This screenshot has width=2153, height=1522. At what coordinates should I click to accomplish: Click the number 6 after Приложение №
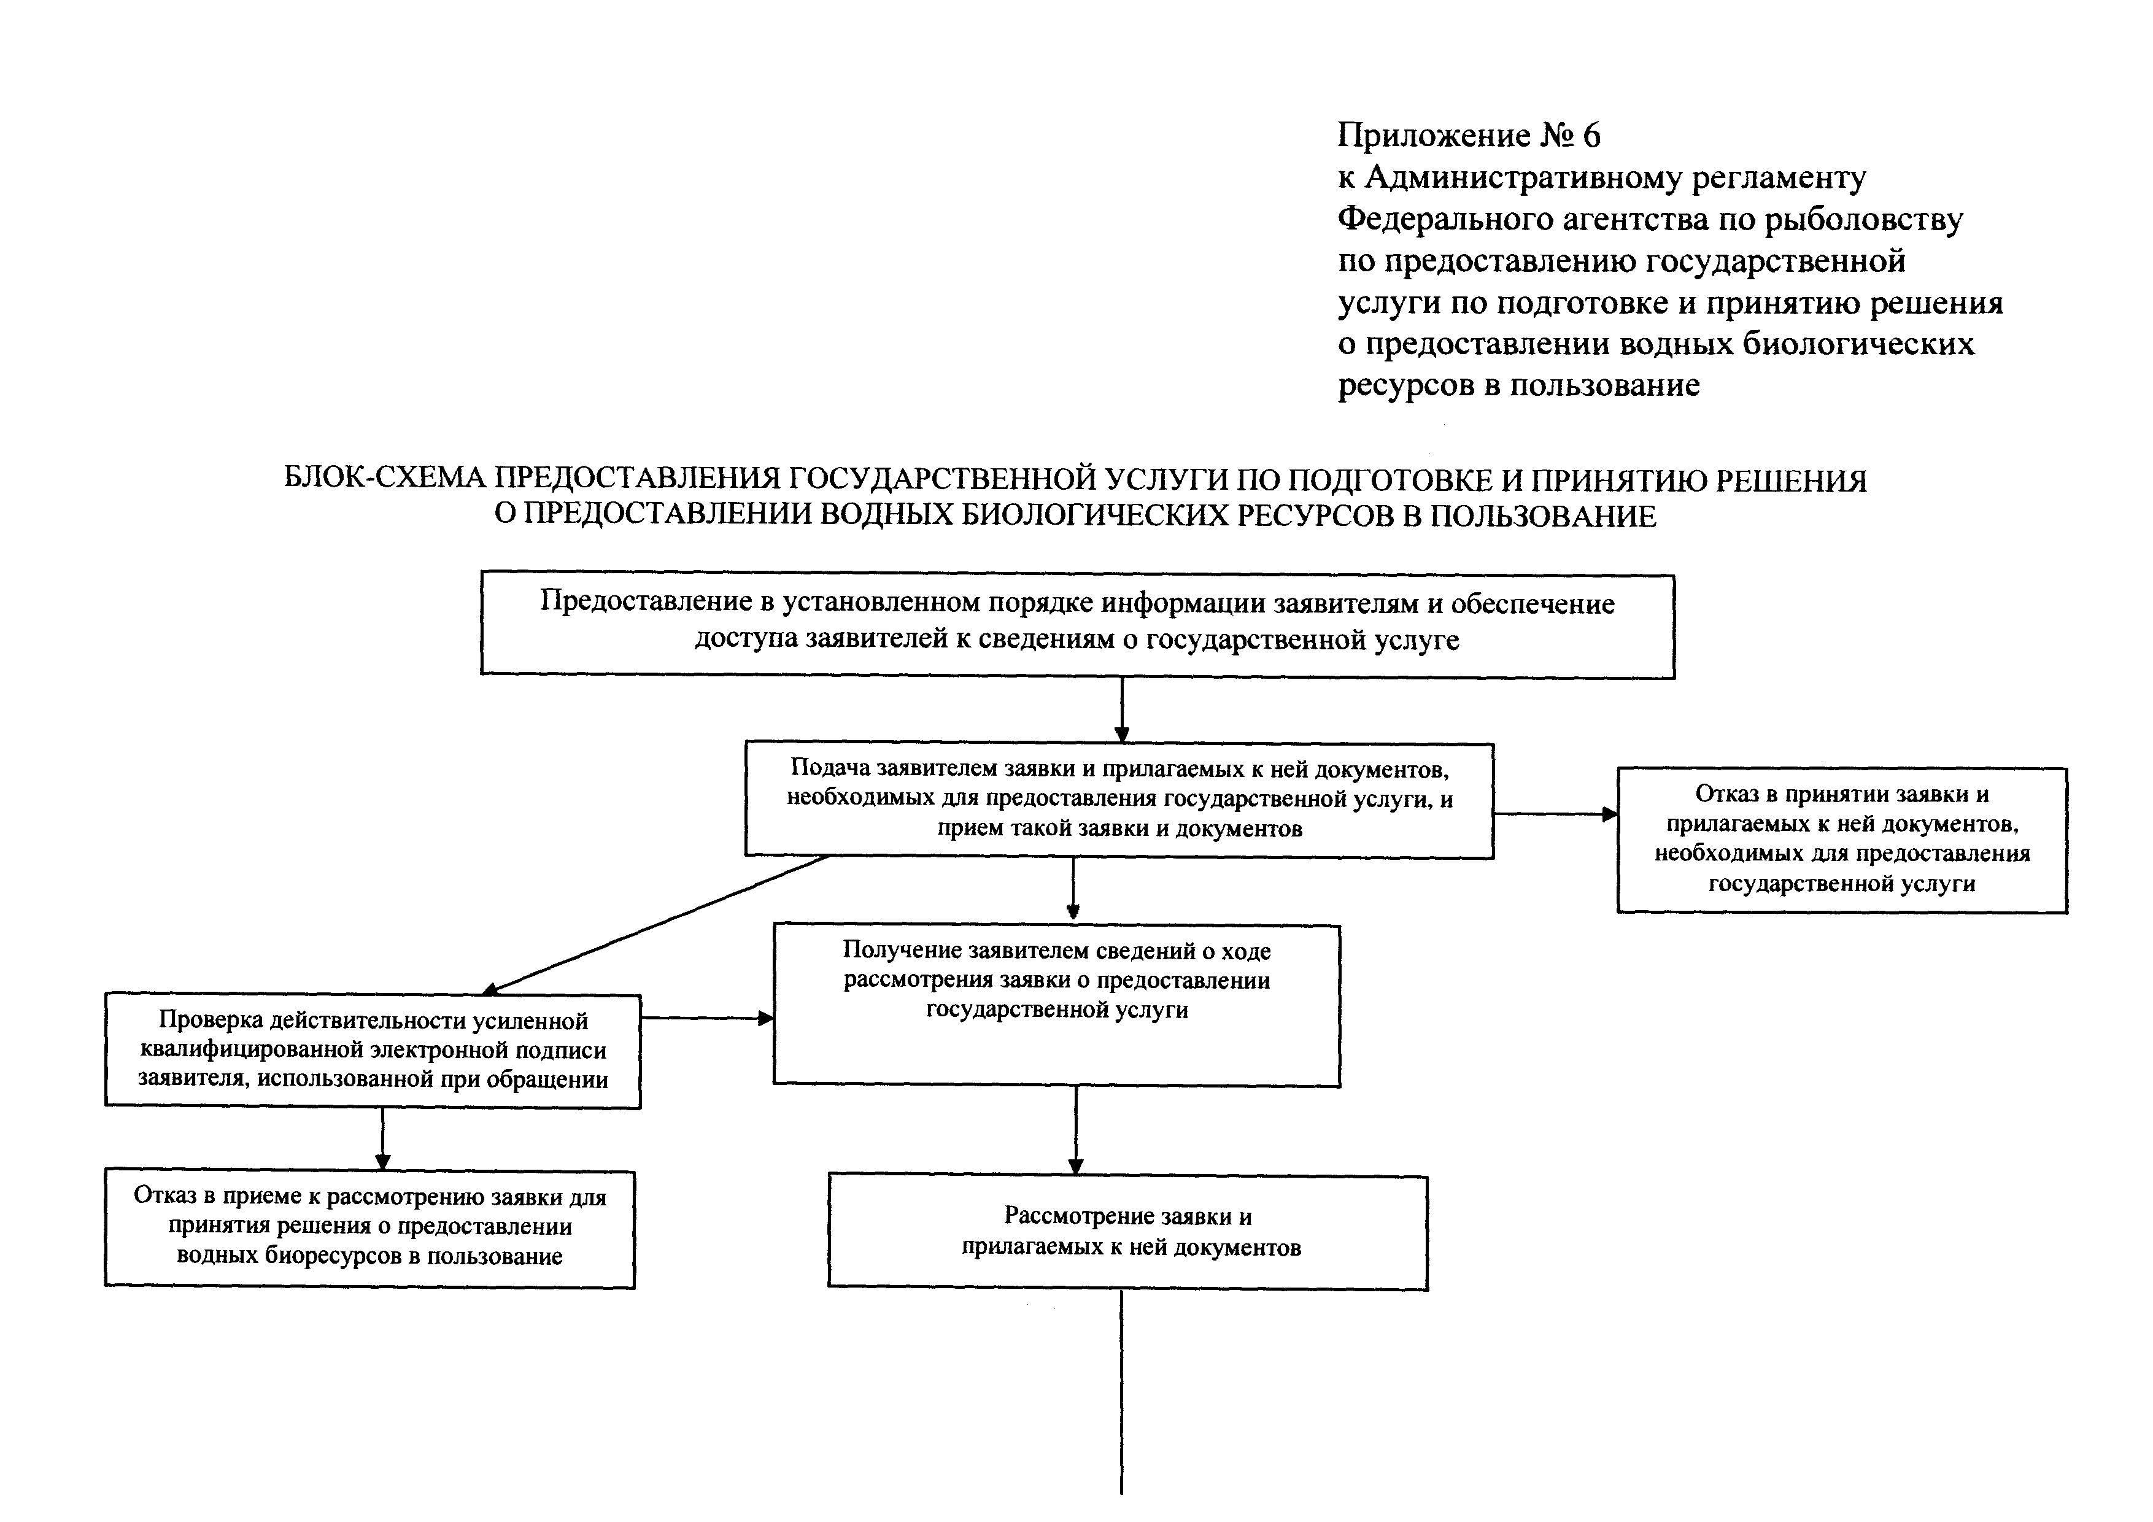click(x=1591, y=136)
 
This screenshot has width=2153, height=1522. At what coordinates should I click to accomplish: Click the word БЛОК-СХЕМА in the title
click(x=384, y=479)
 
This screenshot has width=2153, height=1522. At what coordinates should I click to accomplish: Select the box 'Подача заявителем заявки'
click(x=1119, y=799)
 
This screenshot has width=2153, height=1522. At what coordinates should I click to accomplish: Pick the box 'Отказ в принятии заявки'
click(x=1842, y=840)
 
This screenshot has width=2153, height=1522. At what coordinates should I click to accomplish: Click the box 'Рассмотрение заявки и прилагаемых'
click(x=1128, y=1232)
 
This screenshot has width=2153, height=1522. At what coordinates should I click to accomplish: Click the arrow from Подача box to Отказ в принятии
click(x=1555, y=814)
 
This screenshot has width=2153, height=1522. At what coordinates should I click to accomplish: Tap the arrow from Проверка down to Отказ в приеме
click(x=382, y=1140)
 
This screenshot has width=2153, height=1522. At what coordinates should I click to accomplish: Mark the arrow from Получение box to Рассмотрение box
click(x=1075, y=1130)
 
